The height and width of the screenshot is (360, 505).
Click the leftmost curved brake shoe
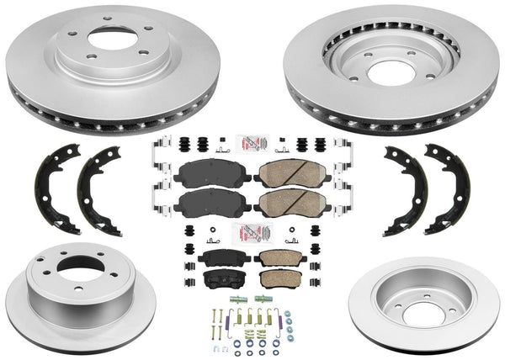pos(54,188)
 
